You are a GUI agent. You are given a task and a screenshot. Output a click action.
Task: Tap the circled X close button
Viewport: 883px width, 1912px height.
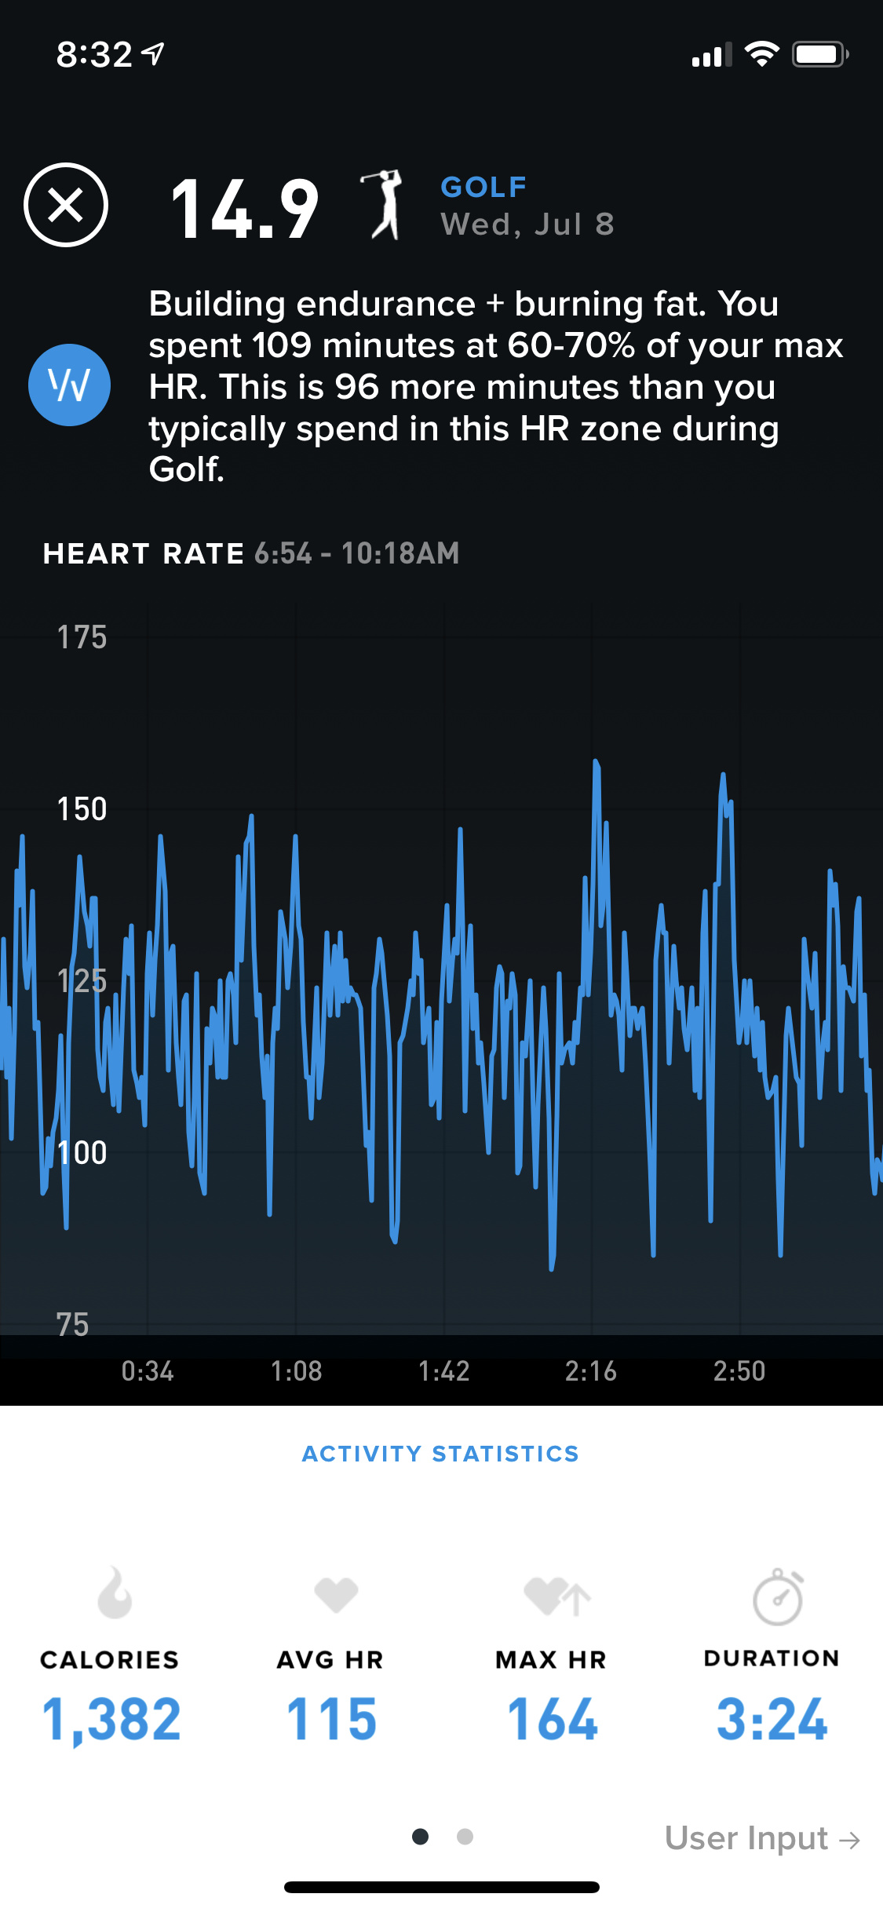tap(66, 206)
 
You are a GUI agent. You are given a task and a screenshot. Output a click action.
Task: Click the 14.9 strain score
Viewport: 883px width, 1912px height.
tap(244, 209)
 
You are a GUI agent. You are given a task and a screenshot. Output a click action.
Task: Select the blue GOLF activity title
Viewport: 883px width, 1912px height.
tap(483, 187)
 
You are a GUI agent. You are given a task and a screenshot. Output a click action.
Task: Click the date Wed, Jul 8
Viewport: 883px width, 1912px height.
tap(527, 224)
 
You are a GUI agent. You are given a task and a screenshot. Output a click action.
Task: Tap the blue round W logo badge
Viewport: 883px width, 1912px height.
tap(69, 385)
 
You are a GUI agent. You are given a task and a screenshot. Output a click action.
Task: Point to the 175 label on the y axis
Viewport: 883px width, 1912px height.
tap(82, 637)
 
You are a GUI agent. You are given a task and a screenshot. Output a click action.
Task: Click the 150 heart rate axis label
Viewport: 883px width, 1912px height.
tap(82, 809)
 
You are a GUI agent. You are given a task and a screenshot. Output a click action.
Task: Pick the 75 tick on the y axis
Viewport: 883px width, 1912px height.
tap(72, 1325)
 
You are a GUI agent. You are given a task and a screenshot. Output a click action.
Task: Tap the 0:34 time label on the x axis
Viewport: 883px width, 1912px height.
tap(148, 1371)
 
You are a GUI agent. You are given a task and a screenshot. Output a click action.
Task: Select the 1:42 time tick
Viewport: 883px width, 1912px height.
tap(444, 1371)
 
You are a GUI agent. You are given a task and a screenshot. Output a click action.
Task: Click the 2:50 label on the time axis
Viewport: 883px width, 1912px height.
tap(739, 1371)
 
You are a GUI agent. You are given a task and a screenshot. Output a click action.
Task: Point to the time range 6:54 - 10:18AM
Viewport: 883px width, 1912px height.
tap(357, 553)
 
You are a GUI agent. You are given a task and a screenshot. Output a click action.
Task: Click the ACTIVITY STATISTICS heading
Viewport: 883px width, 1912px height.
tap(441, 1454)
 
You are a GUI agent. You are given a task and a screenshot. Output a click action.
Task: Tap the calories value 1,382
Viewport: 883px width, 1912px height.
tap(111, 1719)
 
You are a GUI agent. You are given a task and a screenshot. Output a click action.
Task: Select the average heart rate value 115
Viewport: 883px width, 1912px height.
tap(331, 1719)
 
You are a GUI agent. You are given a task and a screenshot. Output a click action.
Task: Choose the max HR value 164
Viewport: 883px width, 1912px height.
tap(553, 1719)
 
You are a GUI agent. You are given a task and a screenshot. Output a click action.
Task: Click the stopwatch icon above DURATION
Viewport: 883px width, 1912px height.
tap(777, 1596)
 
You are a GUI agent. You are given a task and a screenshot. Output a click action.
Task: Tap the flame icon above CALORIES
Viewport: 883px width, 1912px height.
tap(115, 1593)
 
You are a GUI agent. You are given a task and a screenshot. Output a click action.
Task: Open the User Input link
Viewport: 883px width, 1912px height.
tap(762, 1838)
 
